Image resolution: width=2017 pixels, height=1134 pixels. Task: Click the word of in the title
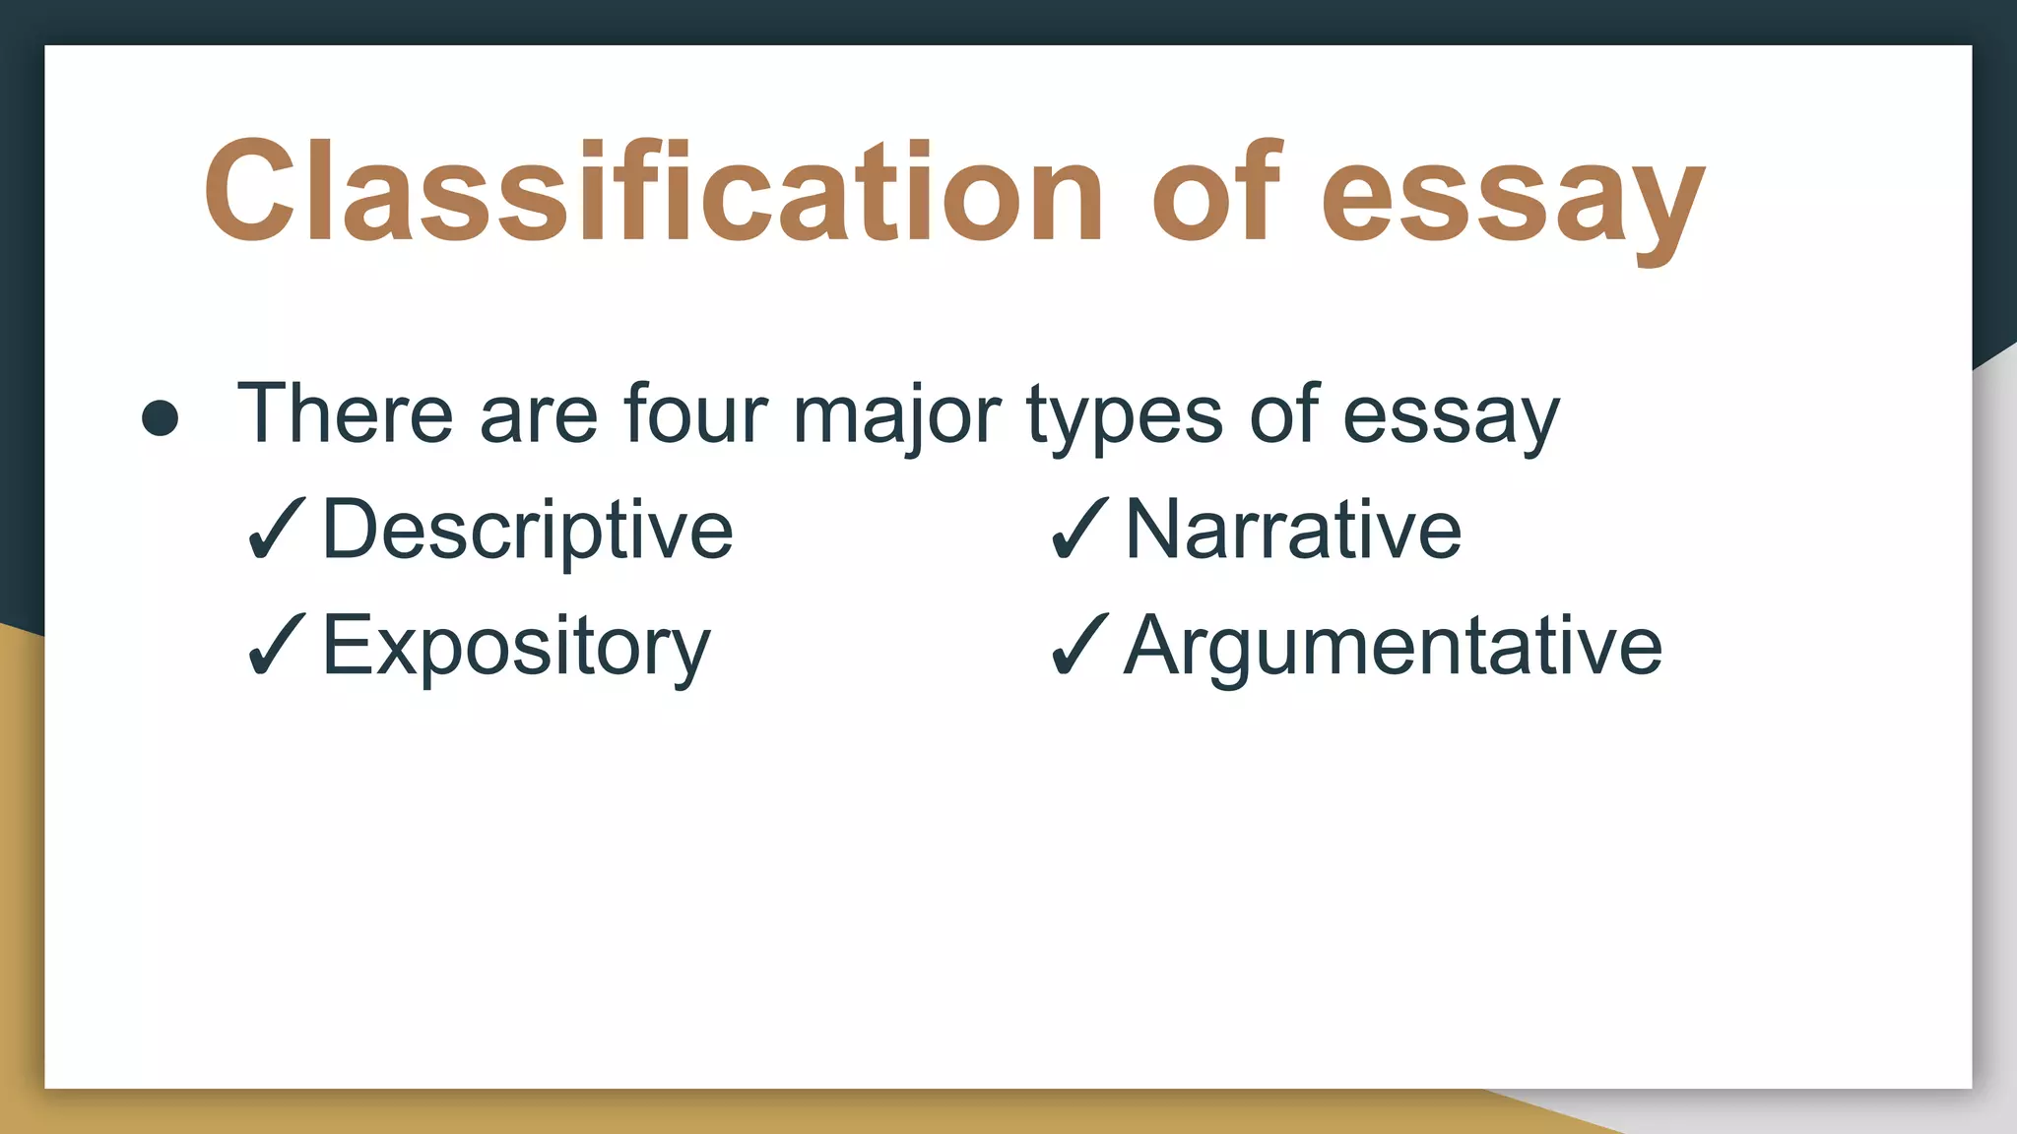point(1217,192)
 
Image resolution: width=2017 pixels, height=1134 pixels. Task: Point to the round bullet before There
point(161,417)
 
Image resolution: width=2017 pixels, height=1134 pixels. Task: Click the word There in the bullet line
point(345,413)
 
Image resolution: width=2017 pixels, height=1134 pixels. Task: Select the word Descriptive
point(528,532)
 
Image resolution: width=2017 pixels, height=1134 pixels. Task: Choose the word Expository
point(516,648)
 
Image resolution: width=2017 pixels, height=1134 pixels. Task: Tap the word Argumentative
point(1393,648)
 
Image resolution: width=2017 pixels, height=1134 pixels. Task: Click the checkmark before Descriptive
point(277,530)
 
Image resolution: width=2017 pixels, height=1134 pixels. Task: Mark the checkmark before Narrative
point(1079,530)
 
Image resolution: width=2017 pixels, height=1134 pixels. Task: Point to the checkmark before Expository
point(277,645)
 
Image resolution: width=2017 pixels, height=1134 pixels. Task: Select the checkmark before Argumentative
point(1079,645)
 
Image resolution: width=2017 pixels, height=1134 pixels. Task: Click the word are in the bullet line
point(538,417)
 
